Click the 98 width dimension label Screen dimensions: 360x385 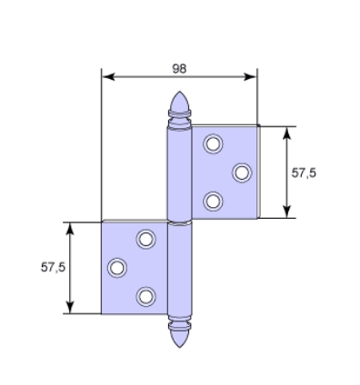(x=179, y=69)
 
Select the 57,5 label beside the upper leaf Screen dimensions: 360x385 (x=304, y=173)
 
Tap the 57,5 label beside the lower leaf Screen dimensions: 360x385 (x=53, y=267)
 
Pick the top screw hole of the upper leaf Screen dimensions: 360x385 (x=213, y=143)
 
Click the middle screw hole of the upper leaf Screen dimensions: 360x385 (x=242, y=173)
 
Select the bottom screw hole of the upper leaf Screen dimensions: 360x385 (x=213, y=202)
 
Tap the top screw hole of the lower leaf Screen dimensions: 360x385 (x=146, y=239)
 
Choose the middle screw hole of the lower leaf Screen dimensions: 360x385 (x=117, y=268)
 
